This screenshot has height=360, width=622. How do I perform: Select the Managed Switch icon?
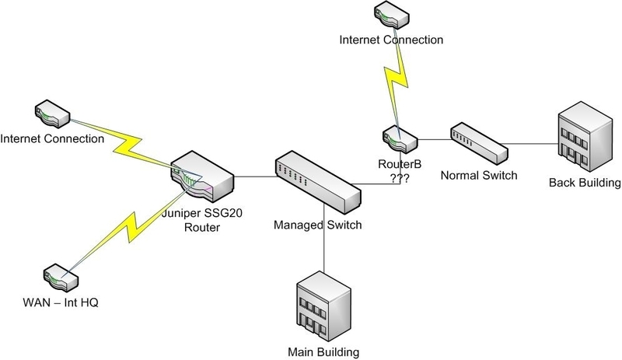tap(318, 181)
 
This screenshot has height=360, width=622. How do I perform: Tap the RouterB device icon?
tap(400, 139)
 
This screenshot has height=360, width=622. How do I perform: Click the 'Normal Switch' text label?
tap(478, 175)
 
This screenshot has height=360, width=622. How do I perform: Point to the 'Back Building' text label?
tap(584, 183)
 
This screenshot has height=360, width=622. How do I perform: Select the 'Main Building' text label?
tap(320, 348)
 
